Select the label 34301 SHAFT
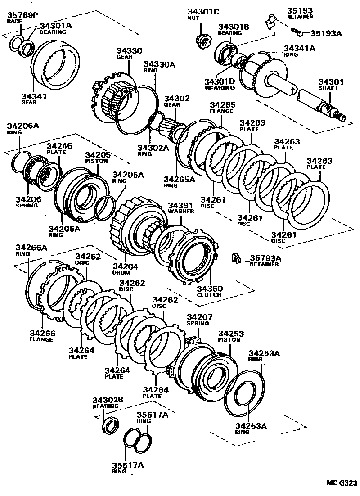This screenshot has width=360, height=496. click(x=331, y=86)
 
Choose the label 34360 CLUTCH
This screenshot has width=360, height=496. click(x=209, y=291)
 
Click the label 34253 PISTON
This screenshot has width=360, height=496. click(x=231, y=336)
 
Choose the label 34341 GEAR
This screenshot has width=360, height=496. click(x=34, y=99)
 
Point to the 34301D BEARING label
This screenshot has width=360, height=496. click(x=220, y=85)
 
